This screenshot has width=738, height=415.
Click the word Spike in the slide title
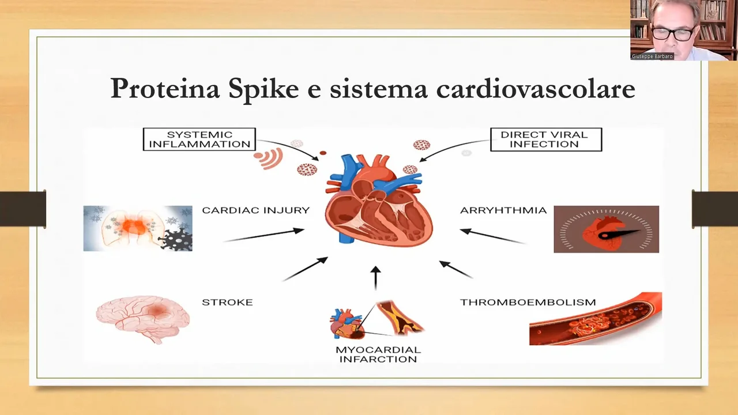point(263,89)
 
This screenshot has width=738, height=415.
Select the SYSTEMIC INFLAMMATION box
point(199,139)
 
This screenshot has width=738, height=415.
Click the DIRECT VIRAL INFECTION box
point(546,139)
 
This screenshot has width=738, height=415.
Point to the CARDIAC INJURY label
point(256,210)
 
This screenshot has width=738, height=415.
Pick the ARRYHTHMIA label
point(503,210)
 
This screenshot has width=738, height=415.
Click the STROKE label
point(227,302)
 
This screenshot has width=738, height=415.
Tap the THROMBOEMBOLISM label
point(528,302)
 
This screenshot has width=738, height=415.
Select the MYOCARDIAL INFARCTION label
point(378,354)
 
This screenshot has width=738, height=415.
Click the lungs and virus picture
point(138,229)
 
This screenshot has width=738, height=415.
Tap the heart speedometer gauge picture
point(606,229)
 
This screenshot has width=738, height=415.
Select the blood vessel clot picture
point(596,319)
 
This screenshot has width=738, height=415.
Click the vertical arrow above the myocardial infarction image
point(375,278)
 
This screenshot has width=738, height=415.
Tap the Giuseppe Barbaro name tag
point(652,56)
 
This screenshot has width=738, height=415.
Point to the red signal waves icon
point(269,159)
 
